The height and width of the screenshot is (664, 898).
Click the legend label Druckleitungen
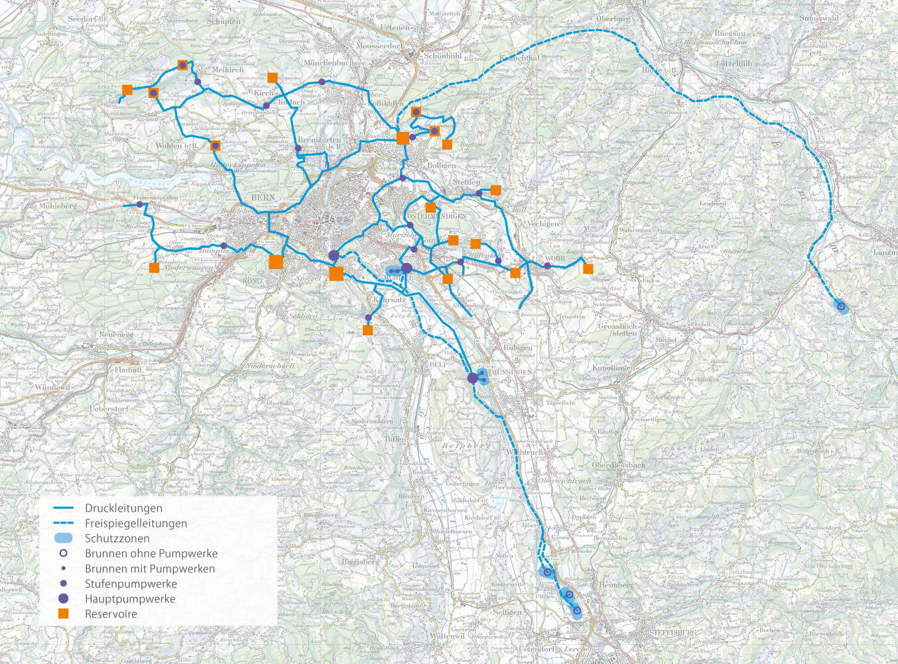point(123,508)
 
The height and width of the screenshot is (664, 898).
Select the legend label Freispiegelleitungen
point(135,524)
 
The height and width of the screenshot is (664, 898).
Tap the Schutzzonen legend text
point(117,539)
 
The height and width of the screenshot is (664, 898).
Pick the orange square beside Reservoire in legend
point(64,614)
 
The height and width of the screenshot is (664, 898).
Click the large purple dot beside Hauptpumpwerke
point(64,598)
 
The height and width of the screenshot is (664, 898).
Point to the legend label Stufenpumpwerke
point(131,584)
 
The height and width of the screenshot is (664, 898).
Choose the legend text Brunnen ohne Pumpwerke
point(151,553)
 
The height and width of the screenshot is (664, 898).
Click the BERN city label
point(263,197)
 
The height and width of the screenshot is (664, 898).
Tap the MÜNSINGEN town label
point(511,372)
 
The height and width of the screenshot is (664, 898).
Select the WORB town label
point(555,258)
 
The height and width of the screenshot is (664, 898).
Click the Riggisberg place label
point(361,561)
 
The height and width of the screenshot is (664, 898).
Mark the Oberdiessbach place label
point(618,465)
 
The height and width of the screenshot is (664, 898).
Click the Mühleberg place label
point(58,206)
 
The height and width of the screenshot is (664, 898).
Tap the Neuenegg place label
point(117,335)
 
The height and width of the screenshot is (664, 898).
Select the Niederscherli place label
point(270,366)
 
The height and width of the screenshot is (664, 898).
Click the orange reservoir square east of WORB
point(588,268)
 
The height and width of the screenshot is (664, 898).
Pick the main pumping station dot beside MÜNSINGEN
point(473,378)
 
